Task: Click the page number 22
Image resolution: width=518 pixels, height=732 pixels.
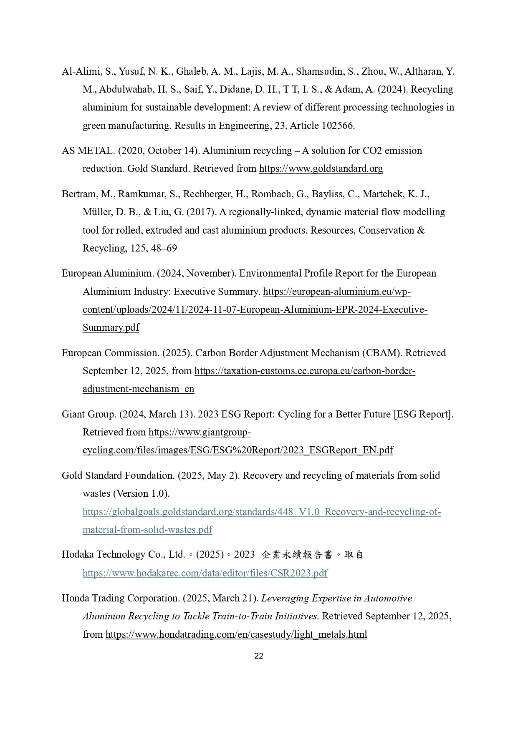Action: click(x=259, y=656)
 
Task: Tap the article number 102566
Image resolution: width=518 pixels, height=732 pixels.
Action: click(x=338, y=126)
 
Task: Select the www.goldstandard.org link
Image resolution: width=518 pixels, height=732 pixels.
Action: click(x=321, y=169)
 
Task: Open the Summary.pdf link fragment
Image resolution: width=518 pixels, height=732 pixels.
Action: click(x=111, y=327)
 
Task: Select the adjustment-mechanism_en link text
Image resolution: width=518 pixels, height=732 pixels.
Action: click(x=138, y=389)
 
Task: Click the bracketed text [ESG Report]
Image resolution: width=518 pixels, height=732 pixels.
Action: click(x=423, y=414)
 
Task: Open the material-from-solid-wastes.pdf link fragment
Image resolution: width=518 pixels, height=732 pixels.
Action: click(x=147, y=530)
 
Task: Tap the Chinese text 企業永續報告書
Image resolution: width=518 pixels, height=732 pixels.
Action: click(x=297, y=555)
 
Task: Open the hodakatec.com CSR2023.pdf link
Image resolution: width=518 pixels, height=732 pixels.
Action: click(x=205, y=573)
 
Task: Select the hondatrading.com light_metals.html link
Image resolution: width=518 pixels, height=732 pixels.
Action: click(x=236, y=634)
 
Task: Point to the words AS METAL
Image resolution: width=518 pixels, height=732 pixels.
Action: click(x=88, y=151)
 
